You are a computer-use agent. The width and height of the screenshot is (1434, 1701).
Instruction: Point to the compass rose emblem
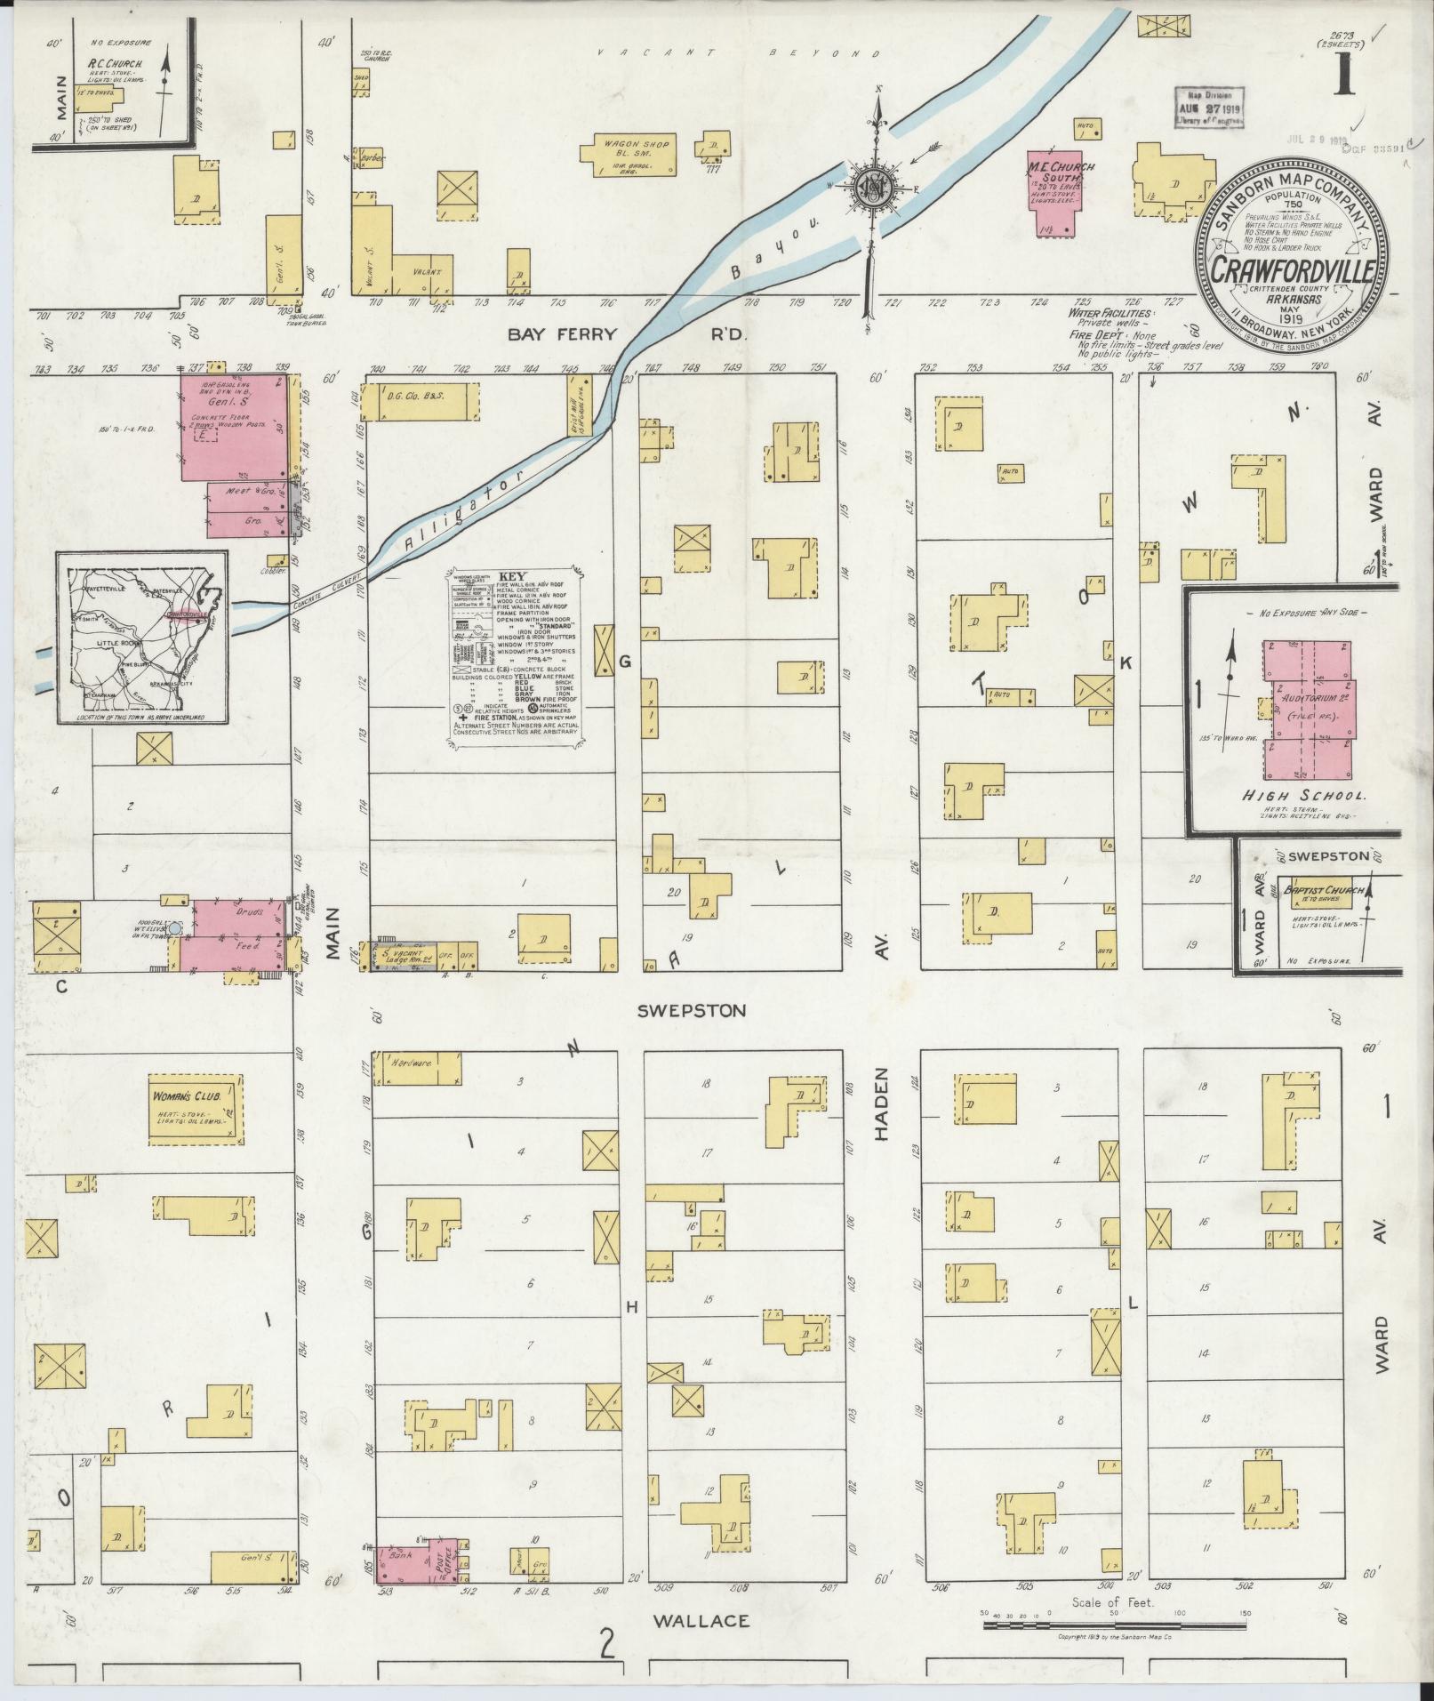point(872,187)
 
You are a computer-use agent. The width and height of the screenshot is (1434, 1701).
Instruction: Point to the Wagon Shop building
point(628,152)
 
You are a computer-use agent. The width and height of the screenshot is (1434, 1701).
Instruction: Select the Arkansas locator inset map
point(142,637)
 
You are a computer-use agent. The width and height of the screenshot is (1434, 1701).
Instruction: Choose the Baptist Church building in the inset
point(1322,896)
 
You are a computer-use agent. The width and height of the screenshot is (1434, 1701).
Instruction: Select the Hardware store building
point(417,1068)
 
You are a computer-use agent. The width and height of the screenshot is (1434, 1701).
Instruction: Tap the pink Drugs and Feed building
point(233,935)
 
